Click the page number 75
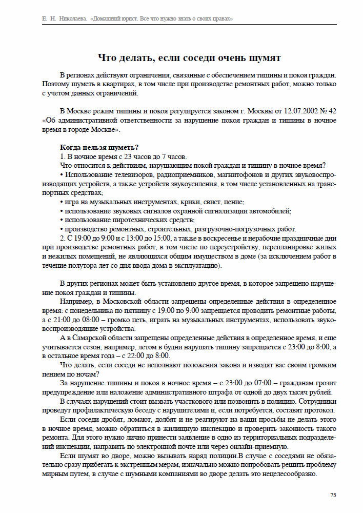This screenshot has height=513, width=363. coord(333,495)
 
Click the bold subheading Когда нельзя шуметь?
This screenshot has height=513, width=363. coord(99,148)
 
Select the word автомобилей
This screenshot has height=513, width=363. coord(273,211)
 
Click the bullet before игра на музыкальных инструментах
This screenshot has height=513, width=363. coord(62,202)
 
